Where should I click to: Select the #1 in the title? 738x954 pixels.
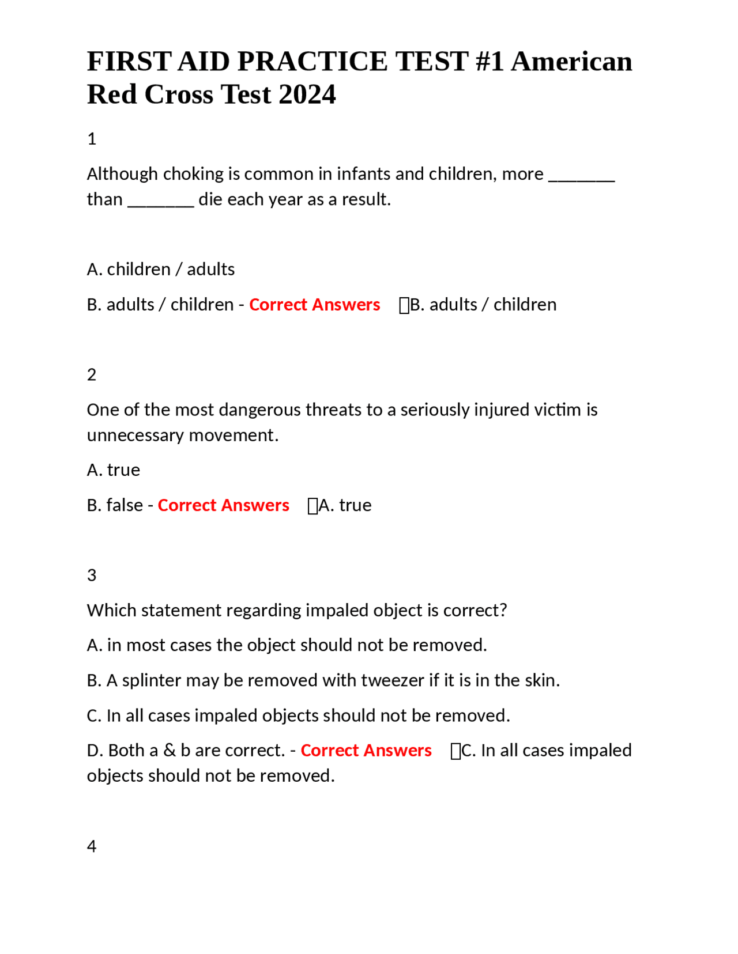point(490,62)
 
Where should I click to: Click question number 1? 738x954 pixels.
point(92,139)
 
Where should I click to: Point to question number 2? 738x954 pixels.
point(92,375)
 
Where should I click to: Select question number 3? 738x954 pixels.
point(92,576)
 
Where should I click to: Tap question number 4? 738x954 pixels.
point(92,846)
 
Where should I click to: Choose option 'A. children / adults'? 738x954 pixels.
point(161,270)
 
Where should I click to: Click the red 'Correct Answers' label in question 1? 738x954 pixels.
point(314,305)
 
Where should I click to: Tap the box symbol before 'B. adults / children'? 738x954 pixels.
point(404,305)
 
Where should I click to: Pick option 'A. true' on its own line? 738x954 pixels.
point(114,470)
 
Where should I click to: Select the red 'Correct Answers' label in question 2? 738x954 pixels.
point(223,505)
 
